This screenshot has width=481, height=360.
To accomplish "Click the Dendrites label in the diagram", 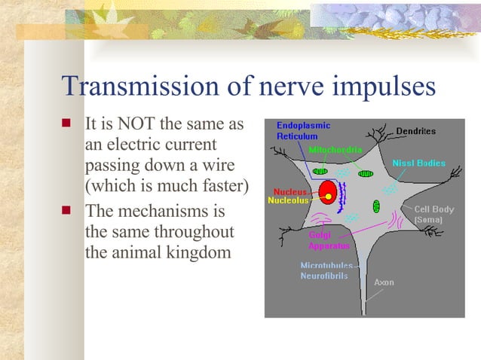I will tap(415, 131).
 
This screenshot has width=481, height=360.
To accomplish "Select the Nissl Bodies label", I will tap(418, 163).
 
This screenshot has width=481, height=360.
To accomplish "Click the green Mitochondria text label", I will tap(334, 149).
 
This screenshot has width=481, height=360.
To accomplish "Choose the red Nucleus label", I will tap(290, 191).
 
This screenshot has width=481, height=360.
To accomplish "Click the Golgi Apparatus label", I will tap(328, 240).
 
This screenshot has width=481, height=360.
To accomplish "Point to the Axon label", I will tap(384, 282).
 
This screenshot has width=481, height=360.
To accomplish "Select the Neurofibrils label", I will tap(324, 276).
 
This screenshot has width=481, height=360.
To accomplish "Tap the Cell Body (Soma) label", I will tap(434, 214).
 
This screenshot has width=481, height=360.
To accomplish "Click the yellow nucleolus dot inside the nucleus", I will tap(329, 197).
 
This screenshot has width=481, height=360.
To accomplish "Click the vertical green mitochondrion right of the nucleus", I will tap(376, 206).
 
